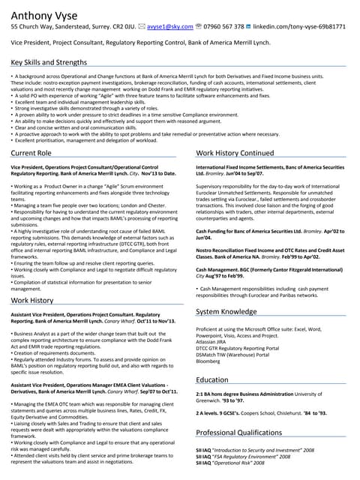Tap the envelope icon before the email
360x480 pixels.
click(142, 26)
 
